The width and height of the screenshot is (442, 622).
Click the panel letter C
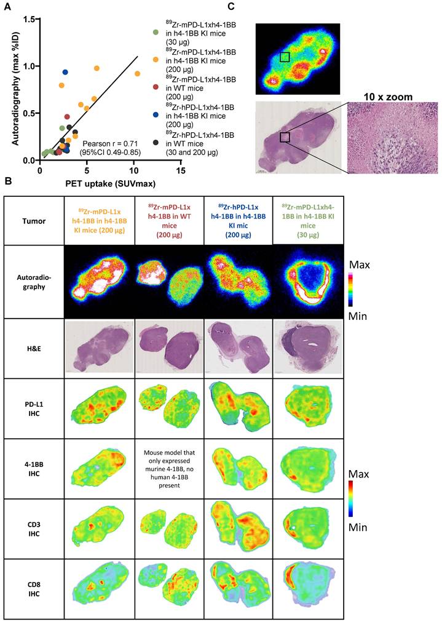(231, 7)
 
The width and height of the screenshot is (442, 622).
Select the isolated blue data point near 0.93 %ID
(65, 73)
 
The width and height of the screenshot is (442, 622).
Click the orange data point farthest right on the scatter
(138, 73)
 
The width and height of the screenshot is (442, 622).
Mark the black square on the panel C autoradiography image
(285, 57)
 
